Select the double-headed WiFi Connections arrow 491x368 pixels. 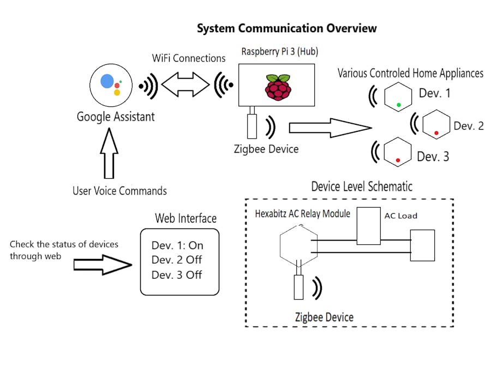186,85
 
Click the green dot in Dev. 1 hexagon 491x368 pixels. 399,104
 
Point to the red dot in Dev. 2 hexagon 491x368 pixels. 436,132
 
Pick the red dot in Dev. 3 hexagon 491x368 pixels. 398,160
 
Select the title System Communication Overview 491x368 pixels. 286,28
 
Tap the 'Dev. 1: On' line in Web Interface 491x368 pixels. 177,246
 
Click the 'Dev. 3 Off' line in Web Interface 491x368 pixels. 177,275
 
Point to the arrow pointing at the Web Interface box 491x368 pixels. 103,265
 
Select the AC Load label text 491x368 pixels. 400,216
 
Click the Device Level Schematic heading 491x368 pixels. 362,186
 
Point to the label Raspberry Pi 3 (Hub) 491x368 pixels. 280,52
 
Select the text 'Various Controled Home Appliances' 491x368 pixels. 410,73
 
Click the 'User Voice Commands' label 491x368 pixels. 119,191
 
